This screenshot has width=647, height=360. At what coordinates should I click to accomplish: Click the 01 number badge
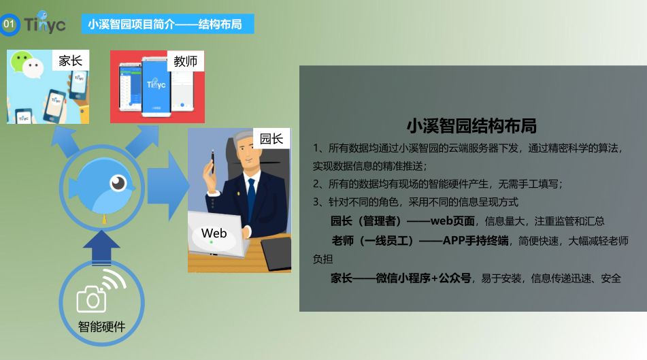9,24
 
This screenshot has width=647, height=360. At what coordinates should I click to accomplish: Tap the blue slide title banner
167,24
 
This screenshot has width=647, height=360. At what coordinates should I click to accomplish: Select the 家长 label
71,61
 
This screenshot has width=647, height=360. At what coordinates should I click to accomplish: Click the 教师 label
185,61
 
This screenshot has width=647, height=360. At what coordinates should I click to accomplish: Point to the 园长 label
271,139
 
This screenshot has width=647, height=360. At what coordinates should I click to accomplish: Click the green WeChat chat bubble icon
20,61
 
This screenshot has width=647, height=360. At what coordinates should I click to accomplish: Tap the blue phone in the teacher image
156,86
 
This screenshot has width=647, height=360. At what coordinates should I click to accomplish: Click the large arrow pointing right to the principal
168,186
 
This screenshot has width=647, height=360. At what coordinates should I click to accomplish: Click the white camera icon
92,299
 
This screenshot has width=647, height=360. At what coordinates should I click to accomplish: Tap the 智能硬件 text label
102,327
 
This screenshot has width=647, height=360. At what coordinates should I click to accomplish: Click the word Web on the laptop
214,233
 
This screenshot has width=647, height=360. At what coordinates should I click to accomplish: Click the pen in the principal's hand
213,162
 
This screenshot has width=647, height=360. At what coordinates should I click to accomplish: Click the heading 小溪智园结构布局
471,126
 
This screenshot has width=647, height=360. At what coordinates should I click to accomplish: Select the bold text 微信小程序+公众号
424,278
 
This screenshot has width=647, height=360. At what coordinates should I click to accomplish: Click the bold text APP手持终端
476,240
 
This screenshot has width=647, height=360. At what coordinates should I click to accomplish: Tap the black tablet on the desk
276,253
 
